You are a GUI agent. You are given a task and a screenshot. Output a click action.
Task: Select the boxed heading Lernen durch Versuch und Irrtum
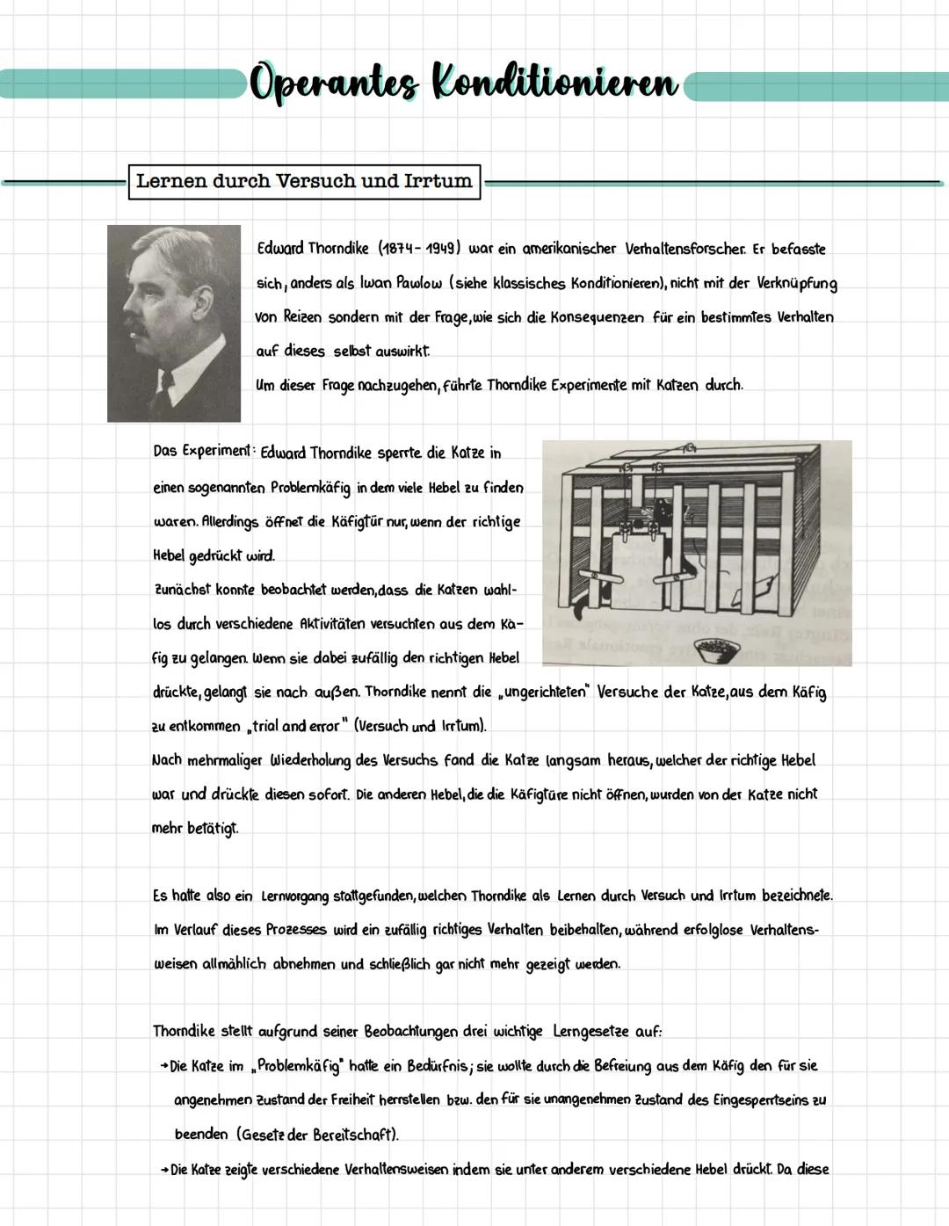pyautogui.click(x=304, y=182)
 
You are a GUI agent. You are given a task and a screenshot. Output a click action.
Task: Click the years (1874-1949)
pyautogui.click(x=419, y=249)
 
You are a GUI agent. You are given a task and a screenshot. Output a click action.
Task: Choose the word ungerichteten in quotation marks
pyautogui.click(x=543, y=693)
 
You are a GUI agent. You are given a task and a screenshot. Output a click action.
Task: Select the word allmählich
pyautogui.click(x=234, y=964)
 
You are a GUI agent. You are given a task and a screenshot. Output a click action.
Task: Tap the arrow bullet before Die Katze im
pyautogui.click(x=163, y=1067)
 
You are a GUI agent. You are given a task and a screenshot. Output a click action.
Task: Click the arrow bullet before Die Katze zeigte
pyautogui.click(x=163, y=1170)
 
